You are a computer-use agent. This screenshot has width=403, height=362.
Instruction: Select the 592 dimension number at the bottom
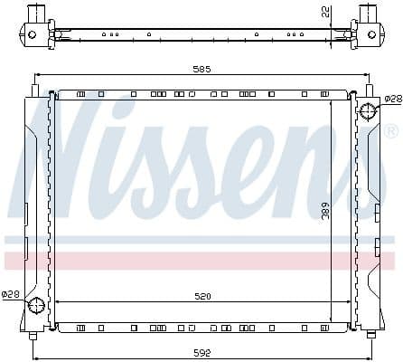click(x=201, y=353)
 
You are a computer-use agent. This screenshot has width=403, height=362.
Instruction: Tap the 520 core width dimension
click(x=201, y=295)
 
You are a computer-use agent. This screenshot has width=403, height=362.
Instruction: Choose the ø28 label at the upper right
click(x=392, y=99)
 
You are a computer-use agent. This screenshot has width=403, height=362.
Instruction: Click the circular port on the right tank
click(x=369, y=111)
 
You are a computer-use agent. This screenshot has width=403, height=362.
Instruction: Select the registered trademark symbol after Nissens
click(x=390, y=132)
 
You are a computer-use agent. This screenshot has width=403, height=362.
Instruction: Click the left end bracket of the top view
click(x=34, y=24)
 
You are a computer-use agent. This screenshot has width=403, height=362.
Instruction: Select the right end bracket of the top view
click(x=368, y=24)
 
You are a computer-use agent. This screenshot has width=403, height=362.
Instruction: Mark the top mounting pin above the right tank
click(x=369, y=89)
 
